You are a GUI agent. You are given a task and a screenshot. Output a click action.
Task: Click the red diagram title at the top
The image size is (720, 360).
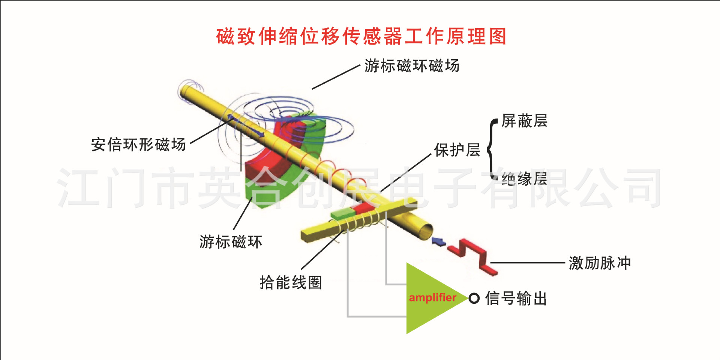[x=361, y=36]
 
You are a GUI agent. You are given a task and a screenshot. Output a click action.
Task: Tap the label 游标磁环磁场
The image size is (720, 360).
[x=412, y=66]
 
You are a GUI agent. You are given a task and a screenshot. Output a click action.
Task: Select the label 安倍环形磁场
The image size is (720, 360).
[x=139, y=144]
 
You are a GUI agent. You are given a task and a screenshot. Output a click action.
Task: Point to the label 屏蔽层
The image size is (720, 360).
[x=525, y=121]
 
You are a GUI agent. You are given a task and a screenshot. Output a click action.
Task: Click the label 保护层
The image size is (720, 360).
[x=457, y=150]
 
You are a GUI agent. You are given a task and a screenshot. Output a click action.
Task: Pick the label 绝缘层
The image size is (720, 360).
[x=525, y=178]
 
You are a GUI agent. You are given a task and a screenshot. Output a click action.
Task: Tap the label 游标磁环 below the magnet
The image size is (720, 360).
[x=231, y=241]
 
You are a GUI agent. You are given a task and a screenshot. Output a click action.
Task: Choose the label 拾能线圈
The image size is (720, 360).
[x=291, y=282]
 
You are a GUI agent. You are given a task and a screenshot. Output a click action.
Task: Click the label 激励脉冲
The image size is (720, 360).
[x=600, y=263]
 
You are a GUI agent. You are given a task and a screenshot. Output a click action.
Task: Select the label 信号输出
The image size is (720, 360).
[x=516, y=298]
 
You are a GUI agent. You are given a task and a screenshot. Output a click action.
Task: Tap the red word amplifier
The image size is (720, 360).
[x=432, y=297]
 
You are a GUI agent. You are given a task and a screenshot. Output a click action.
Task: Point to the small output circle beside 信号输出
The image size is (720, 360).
[x=474, y=298]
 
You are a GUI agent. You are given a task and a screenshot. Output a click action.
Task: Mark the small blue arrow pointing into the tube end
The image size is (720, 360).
[x=438, y=241]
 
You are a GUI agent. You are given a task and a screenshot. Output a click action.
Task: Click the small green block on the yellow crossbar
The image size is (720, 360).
[x=343, y=214]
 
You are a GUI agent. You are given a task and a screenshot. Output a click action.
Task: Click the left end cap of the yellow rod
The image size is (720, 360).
[x=186, y=91]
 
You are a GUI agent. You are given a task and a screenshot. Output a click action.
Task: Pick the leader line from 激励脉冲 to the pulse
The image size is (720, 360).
[x=528, y=262]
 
